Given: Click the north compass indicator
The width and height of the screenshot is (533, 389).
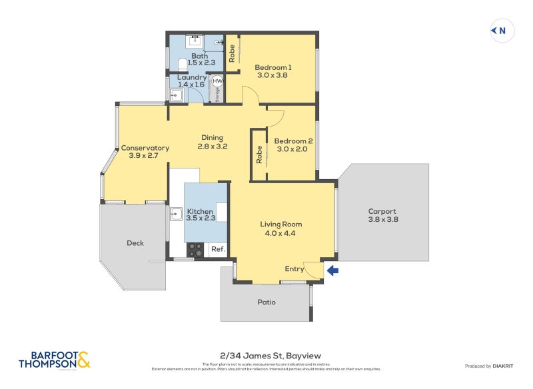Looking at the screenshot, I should pyautogui.click(x=502, y=31).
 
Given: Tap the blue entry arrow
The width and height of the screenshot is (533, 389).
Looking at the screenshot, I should pyautogui.click(x=333, y=270).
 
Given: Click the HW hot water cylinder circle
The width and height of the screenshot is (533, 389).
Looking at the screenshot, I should pyautogui.click(x=217, y=81).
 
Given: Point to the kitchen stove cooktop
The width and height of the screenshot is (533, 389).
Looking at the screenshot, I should pyautogui.click(x=196, y=249).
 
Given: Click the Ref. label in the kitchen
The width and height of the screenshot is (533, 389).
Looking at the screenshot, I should pyautogui.click(x=218, y=250).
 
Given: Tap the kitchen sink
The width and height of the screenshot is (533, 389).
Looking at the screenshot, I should pyautogui.click(x=176, y=214).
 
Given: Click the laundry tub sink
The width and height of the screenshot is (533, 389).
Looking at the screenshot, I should pyautogui.click(x=175, y=95).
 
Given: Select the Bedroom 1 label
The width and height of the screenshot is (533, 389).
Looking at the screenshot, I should pyautogui.click(x=273, y=67).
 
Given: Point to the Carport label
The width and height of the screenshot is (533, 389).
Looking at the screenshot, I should pyautogui.click(x=382, y=211).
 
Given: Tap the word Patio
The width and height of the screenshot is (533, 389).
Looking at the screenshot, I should pyautogui.click(x=266, y=302).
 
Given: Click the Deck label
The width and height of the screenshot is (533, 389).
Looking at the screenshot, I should pyautogui.click(x=135, y=243).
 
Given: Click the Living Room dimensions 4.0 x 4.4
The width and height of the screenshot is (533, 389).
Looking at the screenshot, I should pyautogui.click(x=280, y=234).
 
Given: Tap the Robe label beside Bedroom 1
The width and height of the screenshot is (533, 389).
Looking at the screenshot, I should pyautogui.click(x=232, y=53).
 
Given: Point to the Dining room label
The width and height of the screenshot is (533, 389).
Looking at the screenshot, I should pyautogui.click(x=212, y=138).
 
